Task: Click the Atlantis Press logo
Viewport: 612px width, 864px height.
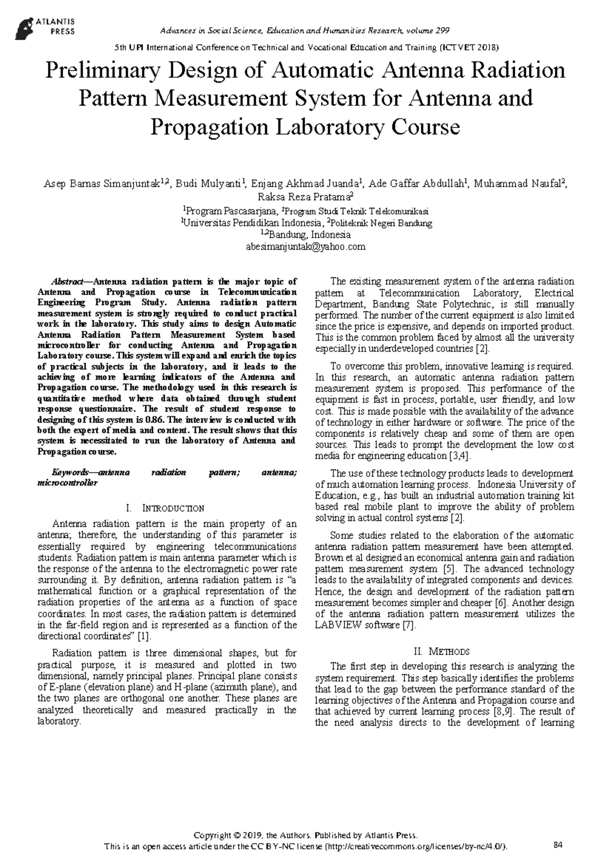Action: [x=45, y=26]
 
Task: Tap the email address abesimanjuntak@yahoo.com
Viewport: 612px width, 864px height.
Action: [x=305, y=247]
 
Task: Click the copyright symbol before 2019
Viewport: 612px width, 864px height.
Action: [x=236, y=635]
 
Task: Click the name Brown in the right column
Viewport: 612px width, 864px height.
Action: [x=327, y=558]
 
